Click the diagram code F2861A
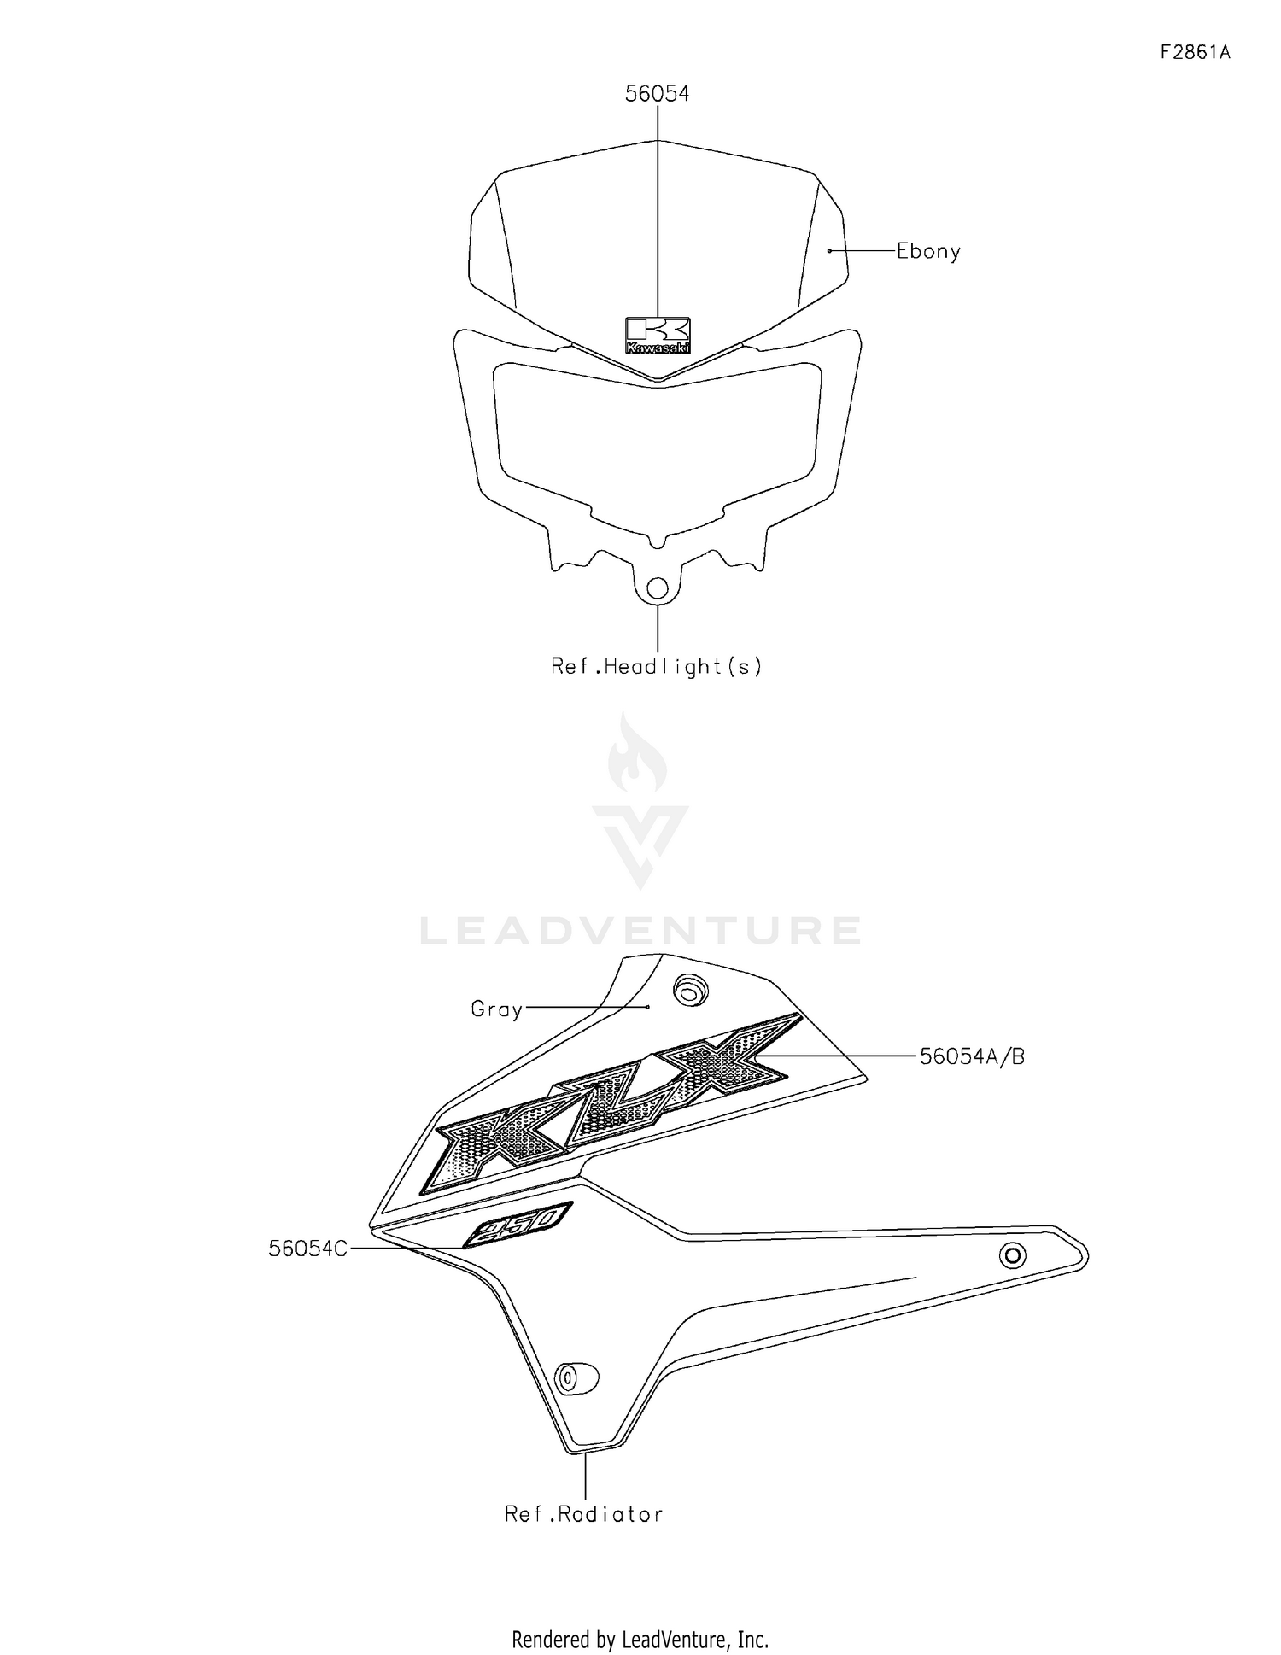point(1195,52)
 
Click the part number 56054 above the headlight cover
point(657,94)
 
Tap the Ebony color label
point(928,251)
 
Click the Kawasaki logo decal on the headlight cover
point(658,336)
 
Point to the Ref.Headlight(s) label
point(656,666)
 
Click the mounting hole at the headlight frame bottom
point(658,588)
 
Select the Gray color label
point(496,1009)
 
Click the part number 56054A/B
point(972,1056)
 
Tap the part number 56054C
point(307,1249)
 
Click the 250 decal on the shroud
point(518,1225)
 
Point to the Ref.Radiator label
point(584,1514)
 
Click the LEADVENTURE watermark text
point(640,931)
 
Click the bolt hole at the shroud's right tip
point(1013,1255)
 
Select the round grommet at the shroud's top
point(689,991)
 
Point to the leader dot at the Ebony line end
point(829,251)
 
